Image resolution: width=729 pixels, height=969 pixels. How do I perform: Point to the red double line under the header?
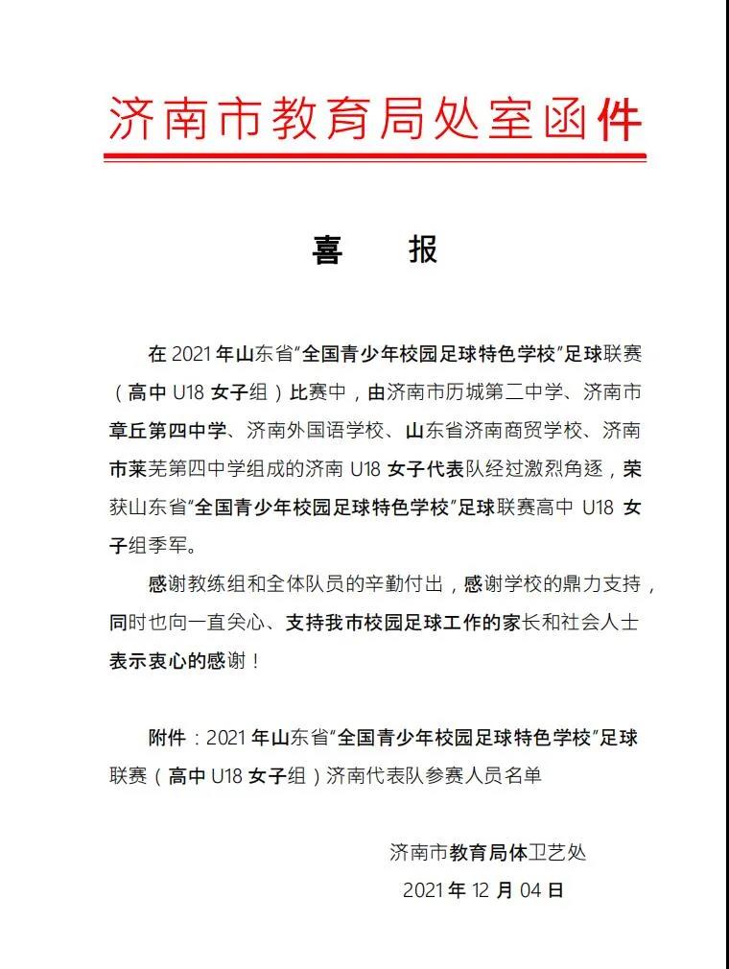[373, 154]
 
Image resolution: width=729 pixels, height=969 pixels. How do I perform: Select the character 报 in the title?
[423, 249]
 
